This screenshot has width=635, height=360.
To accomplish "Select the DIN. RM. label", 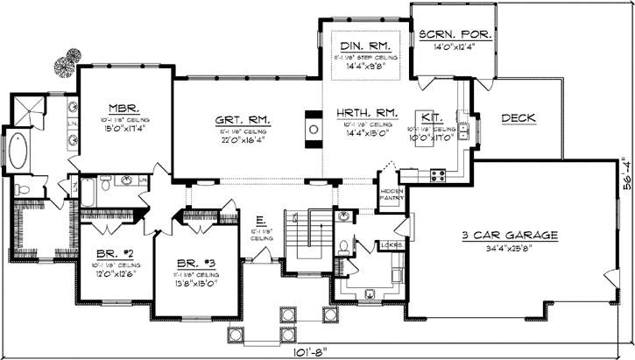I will (364, 44).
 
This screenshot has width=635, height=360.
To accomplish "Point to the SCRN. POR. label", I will (455, 35).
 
